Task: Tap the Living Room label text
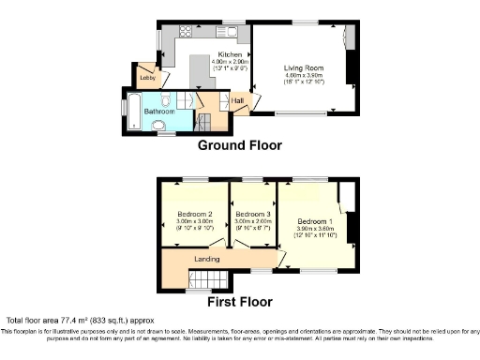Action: tap(305, 67)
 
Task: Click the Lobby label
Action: tap(146, 77)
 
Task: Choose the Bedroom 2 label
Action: tap(195, 214)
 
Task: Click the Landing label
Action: tap(206, 259)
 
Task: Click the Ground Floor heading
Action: tap(238, 145)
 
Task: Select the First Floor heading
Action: tap(240, 302)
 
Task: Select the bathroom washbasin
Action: tap(157, 125)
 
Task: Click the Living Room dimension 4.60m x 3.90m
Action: tap(305, 76)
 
